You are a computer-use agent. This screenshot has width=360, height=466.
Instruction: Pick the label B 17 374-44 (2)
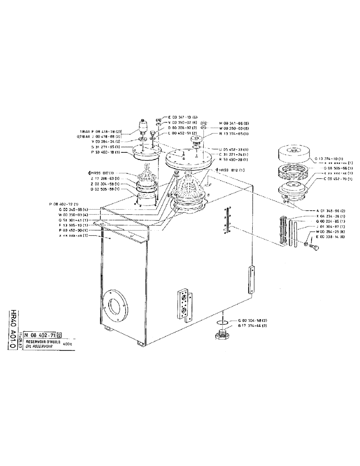tap(253, 326)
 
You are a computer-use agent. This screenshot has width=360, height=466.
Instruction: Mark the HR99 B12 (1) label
tap(232, 170)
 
